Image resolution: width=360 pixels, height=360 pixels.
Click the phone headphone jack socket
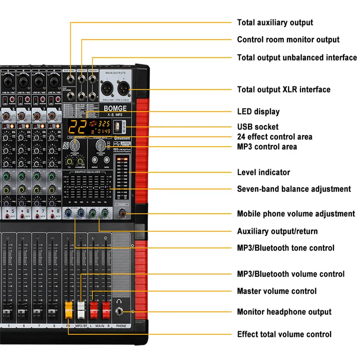coord(121,312)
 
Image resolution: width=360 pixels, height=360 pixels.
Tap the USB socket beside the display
coord(117,127)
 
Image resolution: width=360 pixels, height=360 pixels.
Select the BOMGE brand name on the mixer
coord(115,108)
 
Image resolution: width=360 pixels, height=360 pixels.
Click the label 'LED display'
coord(258,112)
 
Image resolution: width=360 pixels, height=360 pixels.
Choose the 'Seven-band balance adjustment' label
coord(294,189)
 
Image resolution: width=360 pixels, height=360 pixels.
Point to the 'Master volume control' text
coord(276,291)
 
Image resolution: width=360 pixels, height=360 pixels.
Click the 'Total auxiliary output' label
coord(275,23)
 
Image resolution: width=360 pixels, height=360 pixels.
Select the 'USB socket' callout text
coord(258,127)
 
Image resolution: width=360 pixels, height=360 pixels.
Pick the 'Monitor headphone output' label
coord(284,312)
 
